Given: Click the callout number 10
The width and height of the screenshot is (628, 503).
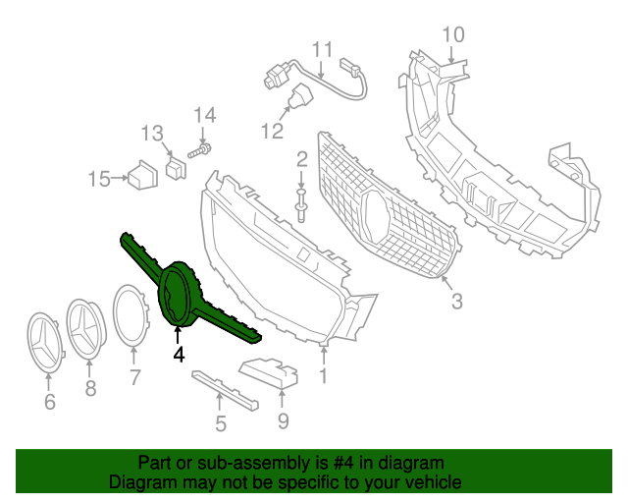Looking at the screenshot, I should coord(452,35).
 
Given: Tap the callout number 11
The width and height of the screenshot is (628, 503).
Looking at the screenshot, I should coord(323,50).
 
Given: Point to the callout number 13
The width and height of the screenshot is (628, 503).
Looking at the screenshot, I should coord(152,133).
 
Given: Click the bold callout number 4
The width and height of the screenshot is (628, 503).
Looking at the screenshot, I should coord(179,354).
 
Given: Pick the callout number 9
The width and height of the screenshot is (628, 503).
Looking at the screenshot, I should coord(283,421).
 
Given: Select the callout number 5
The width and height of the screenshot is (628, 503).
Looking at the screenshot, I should coord(221,424).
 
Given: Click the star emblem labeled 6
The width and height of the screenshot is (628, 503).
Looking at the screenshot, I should coord(46,342).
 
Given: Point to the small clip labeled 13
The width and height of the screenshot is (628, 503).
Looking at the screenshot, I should coord(176,168).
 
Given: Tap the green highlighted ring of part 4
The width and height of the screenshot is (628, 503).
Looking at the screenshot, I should coord(177,294).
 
